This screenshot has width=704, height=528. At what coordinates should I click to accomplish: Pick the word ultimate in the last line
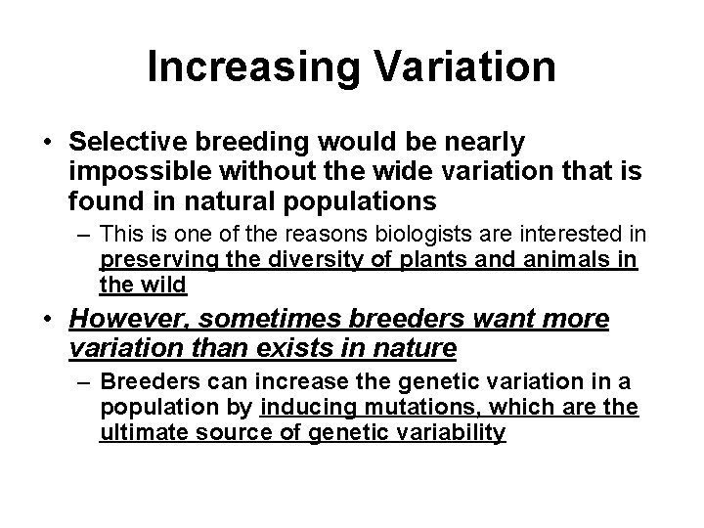[x=137, y=432]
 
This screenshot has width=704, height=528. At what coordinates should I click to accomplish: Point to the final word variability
[x=455, y=432]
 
